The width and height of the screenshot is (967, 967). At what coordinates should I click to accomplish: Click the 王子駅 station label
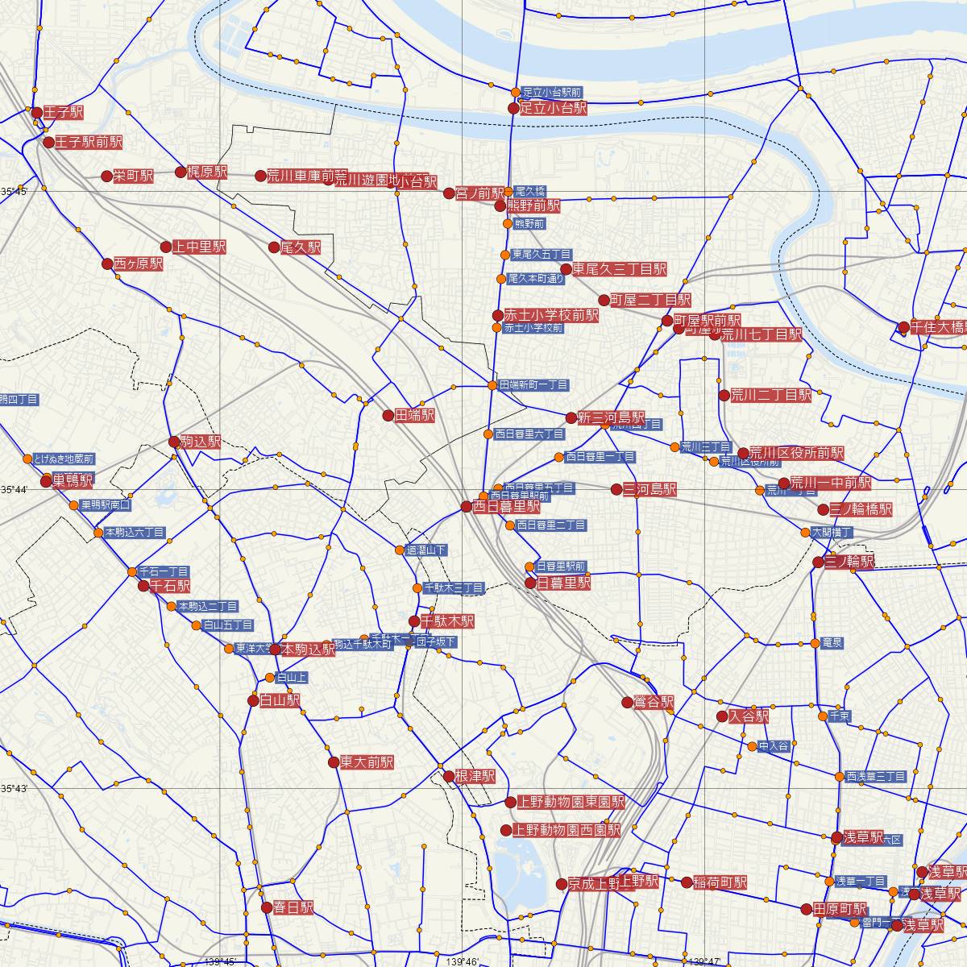coord(64,112)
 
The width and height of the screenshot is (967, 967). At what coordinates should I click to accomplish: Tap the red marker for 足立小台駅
coord(513,108)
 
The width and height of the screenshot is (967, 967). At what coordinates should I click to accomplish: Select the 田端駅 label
coord(415,416)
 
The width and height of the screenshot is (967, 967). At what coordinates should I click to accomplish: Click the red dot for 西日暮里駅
coord(466,507)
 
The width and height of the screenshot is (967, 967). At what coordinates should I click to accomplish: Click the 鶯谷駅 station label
coord(654,702)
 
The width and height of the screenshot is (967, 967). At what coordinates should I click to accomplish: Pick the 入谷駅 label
coord(749,716)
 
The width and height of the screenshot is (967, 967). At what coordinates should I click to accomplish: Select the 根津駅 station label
coord(475,776)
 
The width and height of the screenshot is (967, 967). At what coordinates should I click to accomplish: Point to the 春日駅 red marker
coord(267,907)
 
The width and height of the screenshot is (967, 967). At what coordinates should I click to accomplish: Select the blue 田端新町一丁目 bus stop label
coord(533,385)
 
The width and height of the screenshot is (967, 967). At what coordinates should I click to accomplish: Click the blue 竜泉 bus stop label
coord(832,643)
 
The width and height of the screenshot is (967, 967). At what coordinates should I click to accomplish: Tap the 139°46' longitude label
coord(462,961)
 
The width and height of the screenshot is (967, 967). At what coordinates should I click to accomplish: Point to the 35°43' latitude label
coord(14,787)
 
